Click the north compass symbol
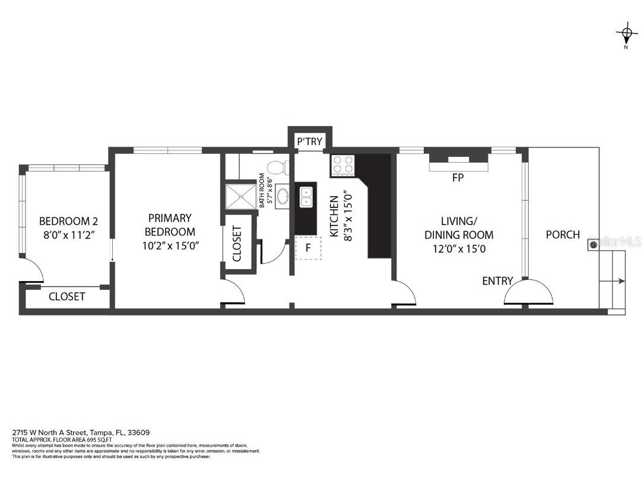[x=626, y=33]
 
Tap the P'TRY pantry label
[x=309, y=141]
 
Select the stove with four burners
[x=342, y=165]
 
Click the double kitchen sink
[x=306, y=197]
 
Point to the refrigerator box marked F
[x=308, y=248]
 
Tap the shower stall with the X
[x=239, y=197]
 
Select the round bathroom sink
[x=282, y=195]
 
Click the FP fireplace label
[x=458, y=178]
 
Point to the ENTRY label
[x=497, y=281]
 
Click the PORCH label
[x=563, y=235]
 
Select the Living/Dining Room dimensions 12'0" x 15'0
[x=459, y=249]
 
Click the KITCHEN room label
[x=334, y=217]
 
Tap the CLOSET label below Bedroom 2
[x=66, y=296]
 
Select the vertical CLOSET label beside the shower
[x=237, y=244]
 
